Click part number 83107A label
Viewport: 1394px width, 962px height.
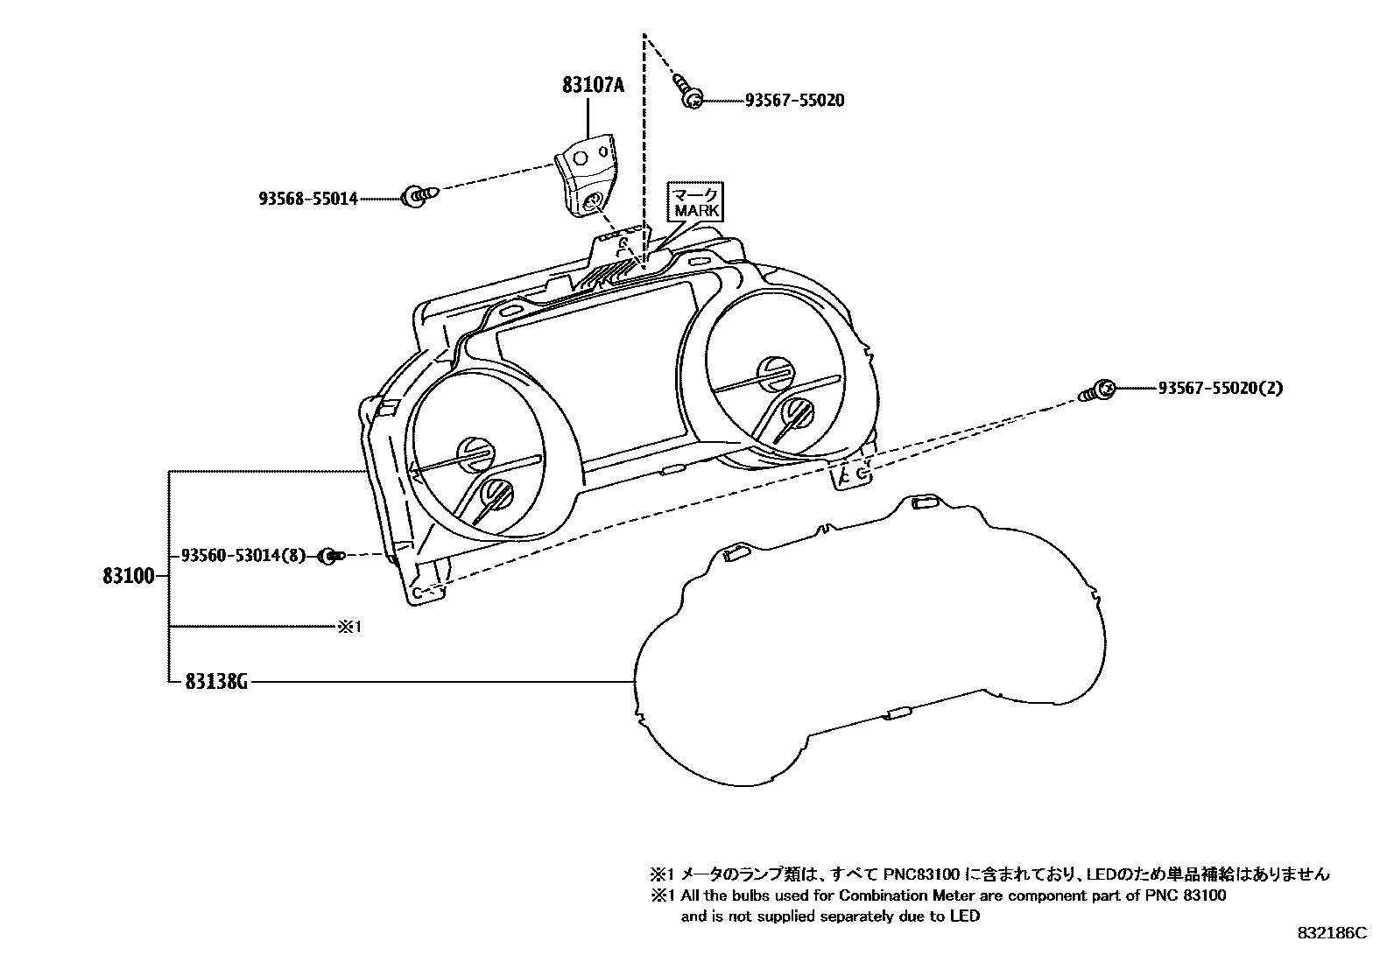593,85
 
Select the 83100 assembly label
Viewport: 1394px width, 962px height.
129,576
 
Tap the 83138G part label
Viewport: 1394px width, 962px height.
215,680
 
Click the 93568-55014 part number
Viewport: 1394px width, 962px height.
307,199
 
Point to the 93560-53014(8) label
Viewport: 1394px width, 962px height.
243,555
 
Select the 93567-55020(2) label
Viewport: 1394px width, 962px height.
1220,388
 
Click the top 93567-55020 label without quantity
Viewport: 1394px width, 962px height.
794,101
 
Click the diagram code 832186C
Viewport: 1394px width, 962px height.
1331,933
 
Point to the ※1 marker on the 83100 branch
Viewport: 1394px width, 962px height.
349,627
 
